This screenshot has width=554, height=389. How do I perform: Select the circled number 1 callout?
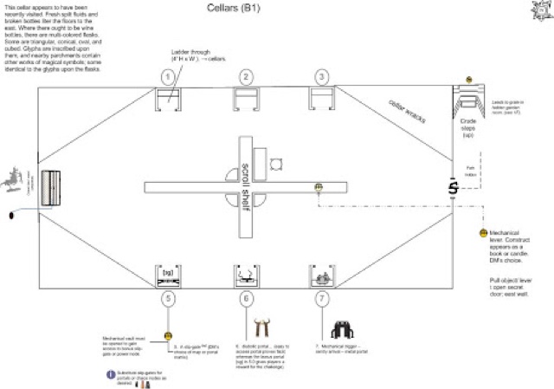coord(169,77)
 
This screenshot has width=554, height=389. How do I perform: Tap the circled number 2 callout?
coord(247,77)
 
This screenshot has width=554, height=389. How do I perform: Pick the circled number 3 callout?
coord(322,77)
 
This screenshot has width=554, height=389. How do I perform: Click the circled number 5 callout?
coord(169,300)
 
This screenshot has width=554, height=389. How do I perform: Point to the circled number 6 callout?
coord(247,300)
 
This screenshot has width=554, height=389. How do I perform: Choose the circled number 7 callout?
coord(322,300)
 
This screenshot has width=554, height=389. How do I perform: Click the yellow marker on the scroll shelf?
coord(319,186)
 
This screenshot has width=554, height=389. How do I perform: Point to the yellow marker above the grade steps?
coord(468,80)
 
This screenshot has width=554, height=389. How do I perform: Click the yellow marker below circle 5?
coord(168,334)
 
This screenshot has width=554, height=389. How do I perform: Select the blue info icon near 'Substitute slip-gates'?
coord(110,374)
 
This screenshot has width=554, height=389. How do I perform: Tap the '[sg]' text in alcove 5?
coord(169,272)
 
